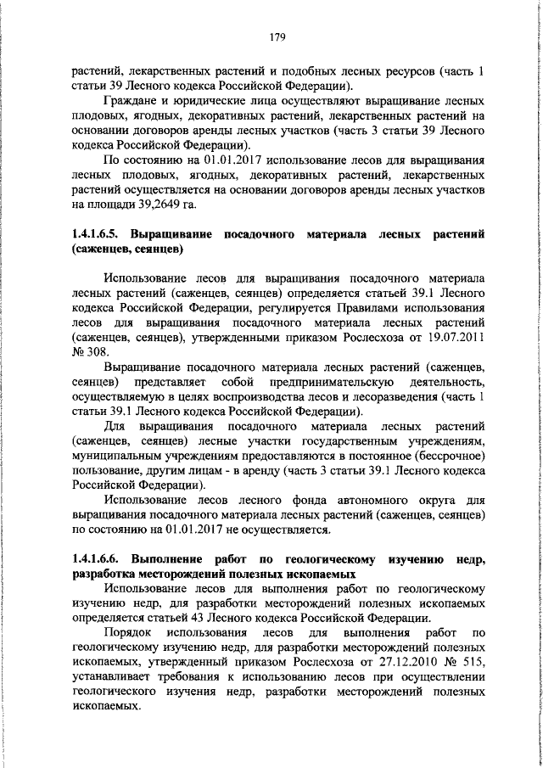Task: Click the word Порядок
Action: click(126, 632)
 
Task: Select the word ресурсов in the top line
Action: click(421, 70)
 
